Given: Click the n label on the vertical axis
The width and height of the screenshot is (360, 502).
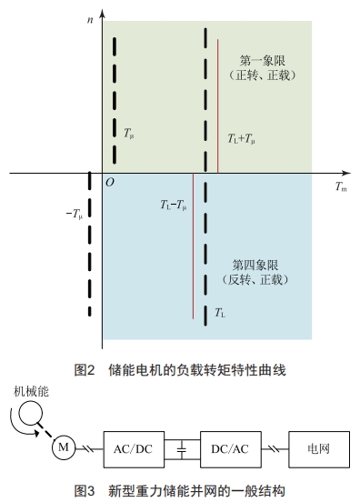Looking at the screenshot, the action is tap(92, 11).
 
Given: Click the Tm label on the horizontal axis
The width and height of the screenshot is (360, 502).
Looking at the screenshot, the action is tap(340, 187).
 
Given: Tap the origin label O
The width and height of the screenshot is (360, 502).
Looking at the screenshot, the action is tap(109, 183).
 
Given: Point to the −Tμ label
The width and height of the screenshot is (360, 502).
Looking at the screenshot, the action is tap(75, 215).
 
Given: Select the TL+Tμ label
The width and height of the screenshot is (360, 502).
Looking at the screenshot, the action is tap(241, 141).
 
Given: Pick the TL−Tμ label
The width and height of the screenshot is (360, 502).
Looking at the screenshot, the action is tap(172, 206).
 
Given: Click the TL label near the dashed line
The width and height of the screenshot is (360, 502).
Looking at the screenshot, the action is tap(220, 312).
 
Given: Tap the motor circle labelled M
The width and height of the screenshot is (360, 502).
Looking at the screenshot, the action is tap(64, 447).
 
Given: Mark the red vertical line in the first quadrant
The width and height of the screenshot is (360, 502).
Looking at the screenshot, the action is tap(217, 105).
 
